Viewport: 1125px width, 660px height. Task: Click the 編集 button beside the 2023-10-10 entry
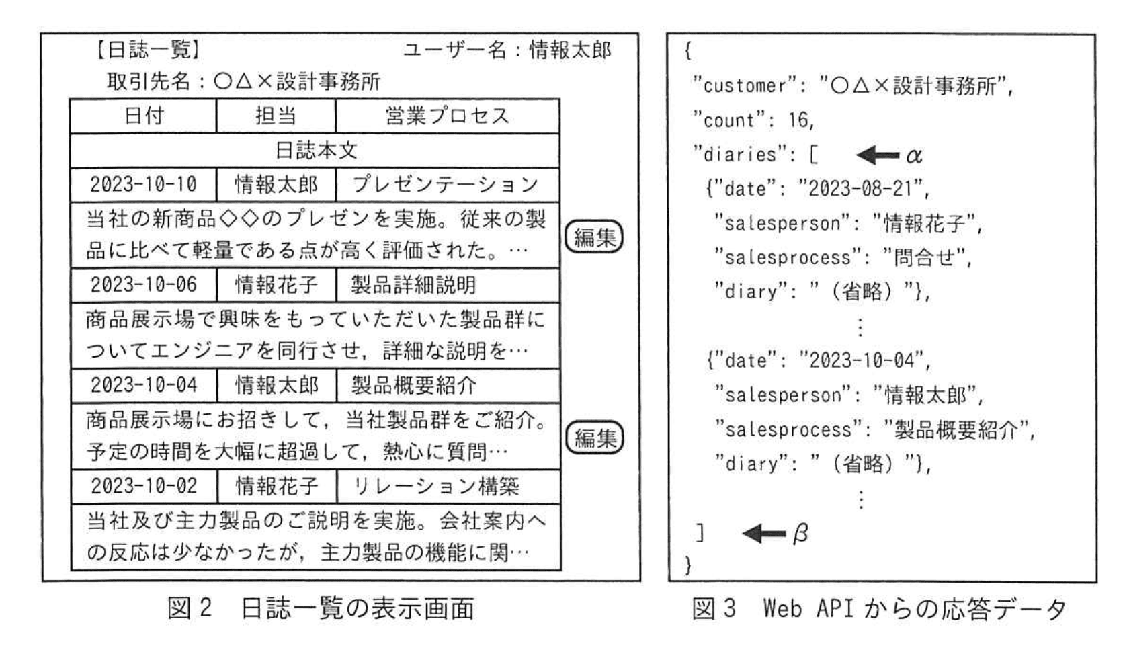594,237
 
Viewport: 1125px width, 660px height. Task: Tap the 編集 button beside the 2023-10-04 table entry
595,438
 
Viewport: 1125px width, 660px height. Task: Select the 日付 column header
144,116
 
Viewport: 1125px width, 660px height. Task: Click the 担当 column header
276,116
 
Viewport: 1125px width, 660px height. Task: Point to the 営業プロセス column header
447,116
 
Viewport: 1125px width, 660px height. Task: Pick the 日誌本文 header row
315,150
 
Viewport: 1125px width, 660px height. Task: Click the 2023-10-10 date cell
144,184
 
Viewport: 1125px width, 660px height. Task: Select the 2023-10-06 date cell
144,284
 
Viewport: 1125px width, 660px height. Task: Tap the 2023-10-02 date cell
144,485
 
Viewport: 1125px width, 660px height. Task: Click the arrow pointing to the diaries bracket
878,155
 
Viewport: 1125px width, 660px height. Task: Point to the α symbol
914,156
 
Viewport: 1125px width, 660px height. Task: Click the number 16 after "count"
800,120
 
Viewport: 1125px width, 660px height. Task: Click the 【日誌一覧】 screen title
147,50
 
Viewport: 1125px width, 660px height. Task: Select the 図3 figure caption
880,609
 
